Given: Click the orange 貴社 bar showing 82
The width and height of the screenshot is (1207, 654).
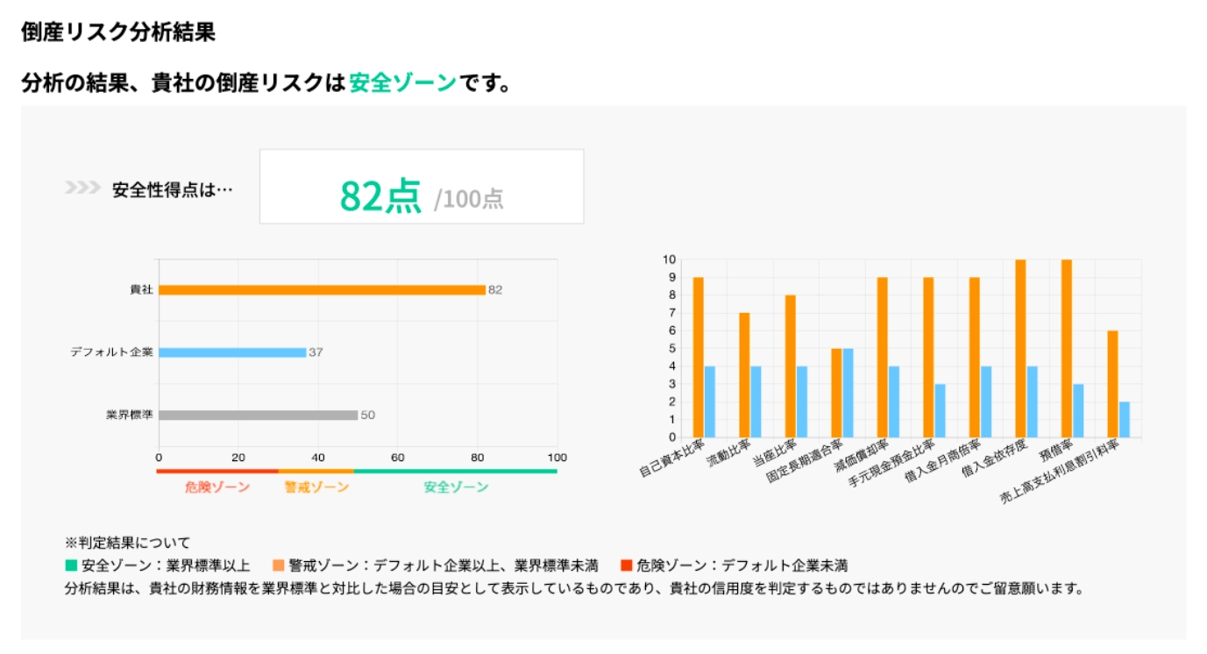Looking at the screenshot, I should [322, 290].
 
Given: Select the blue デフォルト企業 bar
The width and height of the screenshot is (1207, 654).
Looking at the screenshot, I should [232, 352].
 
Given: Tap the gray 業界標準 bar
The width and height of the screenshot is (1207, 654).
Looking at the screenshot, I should [258, 415].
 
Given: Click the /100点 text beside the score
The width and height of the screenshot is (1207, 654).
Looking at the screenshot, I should [469, 199].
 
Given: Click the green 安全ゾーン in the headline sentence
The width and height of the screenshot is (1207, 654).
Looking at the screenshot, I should [403, 83].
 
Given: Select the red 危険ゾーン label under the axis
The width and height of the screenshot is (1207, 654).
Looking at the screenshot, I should [217, 487].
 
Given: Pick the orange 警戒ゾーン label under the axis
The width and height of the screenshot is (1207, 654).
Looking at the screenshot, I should [316, 487].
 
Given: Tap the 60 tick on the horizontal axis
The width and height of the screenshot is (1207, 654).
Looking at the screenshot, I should [398, 458].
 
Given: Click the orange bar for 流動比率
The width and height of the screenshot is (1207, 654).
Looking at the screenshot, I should [744, 375].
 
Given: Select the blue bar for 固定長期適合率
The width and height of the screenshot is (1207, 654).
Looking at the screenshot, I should [848, 393].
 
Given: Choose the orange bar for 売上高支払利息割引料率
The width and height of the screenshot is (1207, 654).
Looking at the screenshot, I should [1112, 384].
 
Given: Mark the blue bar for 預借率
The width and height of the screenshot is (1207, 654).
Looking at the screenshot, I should [1078, 410].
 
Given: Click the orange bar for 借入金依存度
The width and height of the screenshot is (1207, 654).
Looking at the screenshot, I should [1020, 348].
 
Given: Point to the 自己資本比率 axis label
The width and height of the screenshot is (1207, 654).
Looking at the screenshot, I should [671, 459].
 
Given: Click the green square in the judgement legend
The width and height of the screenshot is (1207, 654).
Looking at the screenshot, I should [71, 565].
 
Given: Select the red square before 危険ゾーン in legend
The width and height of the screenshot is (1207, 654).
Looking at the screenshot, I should [627, 565].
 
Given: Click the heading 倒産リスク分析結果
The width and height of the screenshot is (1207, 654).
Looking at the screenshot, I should [118, 32].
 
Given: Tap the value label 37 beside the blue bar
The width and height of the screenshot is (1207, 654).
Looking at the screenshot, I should [316, 352].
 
